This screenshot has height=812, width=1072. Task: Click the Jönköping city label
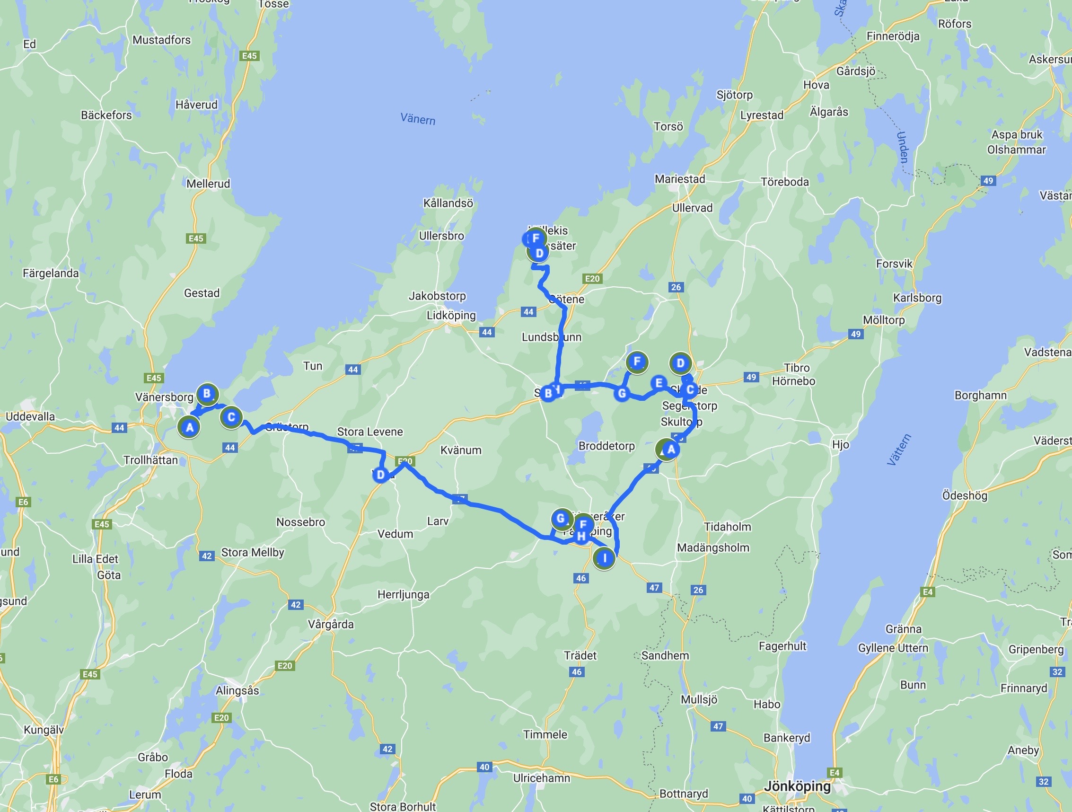coord(797,786)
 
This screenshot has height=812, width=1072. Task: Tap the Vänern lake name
coord(418,119)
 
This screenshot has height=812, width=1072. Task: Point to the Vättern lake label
coord(899,450)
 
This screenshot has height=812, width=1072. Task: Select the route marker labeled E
coord(659,383)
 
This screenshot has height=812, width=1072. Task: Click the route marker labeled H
coord(581,536)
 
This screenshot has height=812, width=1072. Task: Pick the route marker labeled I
coord(604,558)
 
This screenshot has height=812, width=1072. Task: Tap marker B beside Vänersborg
coord(207,393)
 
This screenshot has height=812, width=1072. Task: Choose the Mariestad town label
coord(680,179)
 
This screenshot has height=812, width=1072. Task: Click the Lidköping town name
coord(451,315)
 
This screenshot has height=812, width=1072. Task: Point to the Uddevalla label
coord(30,416)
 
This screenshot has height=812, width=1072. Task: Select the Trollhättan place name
coord(151,459)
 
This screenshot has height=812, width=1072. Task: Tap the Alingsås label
coord(237,690)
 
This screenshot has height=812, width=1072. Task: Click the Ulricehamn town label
coord(541,778)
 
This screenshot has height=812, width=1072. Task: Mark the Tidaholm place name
coord(728,527)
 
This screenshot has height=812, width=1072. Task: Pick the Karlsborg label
coord(917,298)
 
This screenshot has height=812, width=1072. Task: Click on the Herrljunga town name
coord(403,594)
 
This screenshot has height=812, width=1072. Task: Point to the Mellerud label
coord(208,184)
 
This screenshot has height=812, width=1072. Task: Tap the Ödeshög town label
coord(965,495)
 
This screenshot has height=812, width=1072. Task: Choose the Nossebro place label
coord(300,522)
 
